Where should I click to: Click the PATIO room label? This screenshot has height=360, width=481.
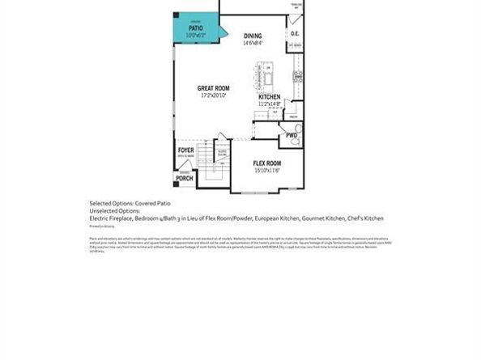[x=196, y=28]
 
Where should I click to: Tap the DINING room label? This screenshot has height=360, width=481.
[x=253, y=36]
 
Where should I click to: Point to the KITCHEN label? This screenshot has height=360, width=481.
[x=270, y=97]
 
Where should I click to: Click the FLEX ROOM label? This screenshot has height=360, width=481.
[x=266, y=163]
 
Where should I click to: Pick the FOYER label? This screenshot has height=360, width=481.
[x=186, y=150]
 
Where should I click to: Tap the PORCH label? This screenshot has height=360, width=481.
[x=185, y=178]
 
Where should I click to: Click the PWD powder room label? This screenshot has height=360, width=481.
[x=292, y=135]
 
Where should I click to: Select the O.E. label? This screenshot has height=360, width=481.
[x=296, y=34]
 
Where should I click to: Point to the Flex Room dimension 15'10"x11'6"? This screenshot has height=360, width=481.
[x=266, y=171]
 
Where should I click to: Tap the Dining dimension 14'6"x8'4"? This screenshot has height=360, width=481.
[x=253, y=43]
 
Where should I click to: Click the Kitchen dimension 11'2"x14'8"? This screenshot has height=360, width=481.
[x=270, y=104]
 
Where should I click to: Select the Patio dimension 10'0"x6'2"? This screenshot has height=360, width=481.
[x=196, y=35]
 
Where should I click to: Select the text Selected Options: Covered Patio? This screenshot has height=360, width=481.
[x=130, y=202]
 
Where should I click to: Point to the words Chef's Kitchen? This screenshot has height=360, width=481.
[x=362, y=218]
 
